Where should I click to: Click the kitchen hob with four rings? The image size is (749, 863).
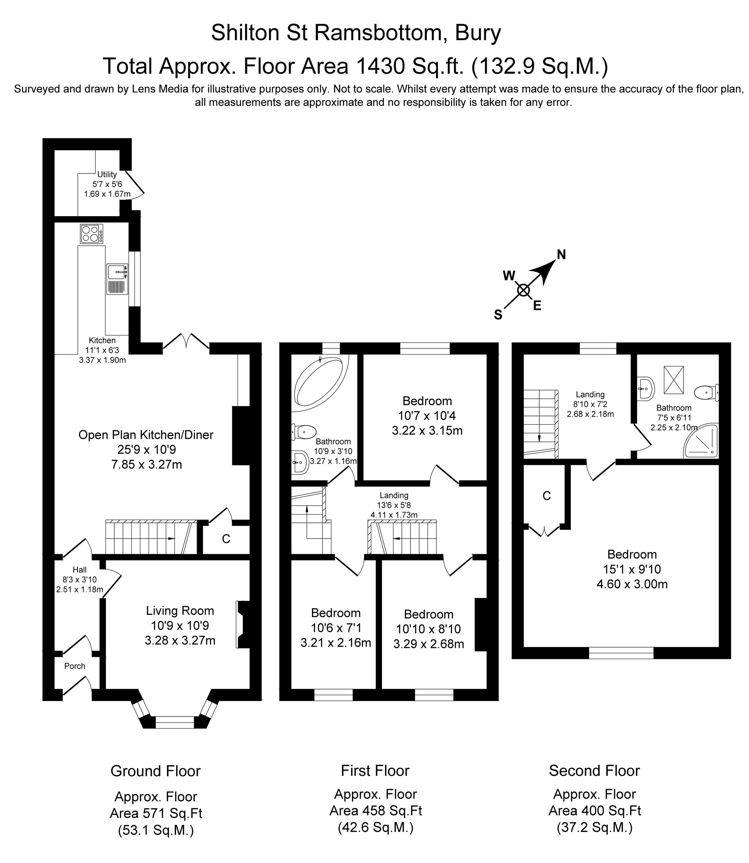point(91,234)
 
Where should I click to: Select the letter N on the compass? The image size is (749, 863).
point(561,255)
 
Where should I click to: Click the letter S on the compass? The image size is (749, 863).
point(498,315)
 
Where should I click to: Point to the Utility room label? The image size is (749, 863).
point(107,174)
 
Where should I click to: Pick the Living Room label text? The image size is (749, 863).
point(180,611)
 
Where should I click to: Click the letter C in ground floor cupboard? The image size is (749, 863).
point(226,539)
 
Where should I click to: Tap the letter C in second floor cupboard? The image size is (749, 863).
point(546,496)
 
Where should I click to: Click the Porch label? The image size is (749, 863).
point(75,666)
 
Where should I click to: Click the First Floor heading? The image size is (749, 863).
point(375,770)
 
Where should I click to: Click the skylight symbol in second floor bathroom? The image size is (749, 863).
point(673,380)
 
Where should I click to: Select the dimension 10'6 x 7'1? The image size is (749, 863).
point(336,628)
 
